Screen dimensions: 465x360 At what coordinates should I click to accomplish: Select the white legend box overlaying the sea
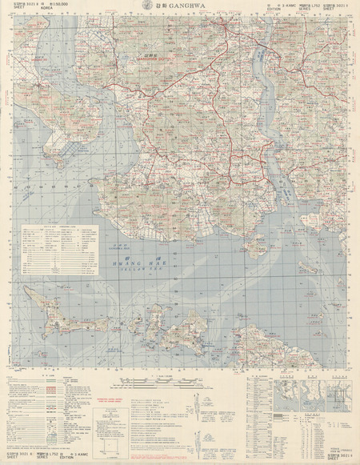pyautogui.click(x=56, y=253)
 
